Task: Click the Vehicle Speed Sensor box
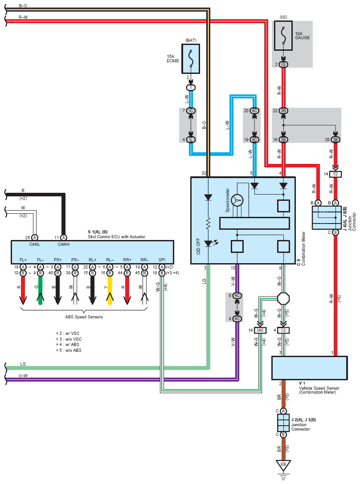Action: (310, 368)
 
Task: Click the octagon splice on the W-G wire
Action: (283, 298)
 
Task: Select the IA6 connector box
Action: (260, 330)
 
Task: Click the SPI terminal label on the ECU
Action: (161, 259)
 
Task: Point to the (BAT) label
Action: (191, 41)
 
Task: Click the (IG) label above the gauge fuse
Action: (283, 17)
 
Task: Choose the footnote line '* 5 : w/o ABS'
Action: (68, 350)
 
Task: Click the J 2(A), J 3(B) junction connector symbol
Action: (283, 423)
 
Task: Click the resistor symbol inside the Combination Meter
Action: (208, 222)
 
